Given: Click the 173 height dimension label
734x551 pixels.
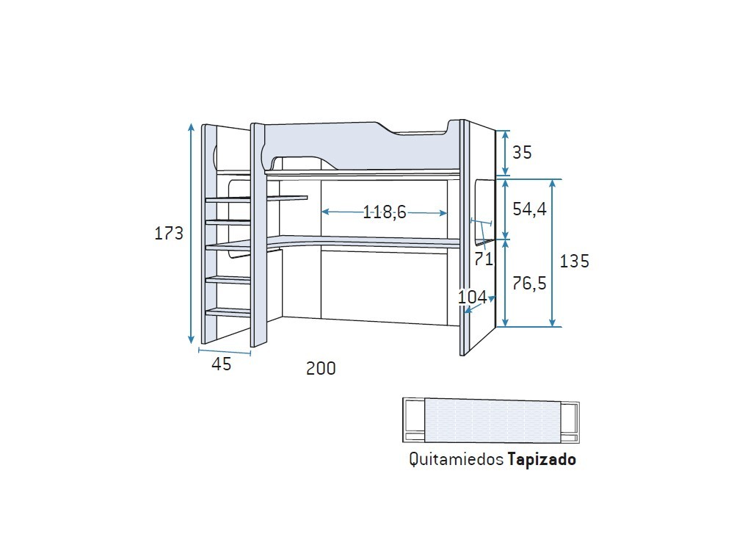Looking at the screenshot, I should click(x=169, y=234).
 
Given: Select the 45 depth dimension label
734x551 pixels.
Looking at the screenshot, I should click(x=222, y=364).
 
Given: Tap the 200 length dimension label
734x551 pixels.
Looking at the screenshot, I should click(x=321, y=369).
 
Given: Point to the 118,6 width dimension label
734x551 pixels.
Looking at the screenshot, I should click(x=384, y=212).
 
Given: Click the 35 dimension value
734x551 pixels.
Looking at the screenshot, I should click(x=522, y=153).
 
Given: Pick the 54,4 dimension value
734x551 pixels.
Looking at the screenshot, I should click(x=529, y=209).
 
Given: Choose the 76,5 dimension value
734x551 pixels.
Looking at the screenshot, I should click(x=529, y=283).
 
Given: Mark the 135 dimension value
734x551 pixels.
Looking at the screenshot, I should click(x=574, y=261).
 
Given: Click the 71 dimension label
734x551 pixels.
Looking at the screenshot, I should click(x=482, y=259).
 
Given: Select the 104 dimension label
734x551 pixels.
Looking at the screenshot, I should click(x=472, y=297).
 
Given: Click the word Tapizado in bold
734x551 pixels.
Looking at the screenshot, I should click(x=541, y=460).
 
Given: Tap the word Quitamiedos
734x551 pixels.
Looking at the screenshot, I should click(x=456, y=460).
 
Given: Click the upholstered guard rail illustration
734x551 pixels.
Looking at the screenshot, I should click(x=491, y=420).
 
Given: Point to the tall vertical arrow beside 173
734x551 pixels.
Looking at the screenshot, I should click(x=192, y=234).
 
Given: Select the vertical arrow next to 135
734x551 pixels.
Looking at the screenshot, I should click(x=553, y=253).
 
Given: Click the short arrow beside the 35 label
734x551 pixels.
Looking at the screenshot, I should click(x=505, y=154).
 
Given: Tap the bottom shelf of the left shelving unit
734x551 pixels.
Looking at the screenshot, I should click(x=229, y=311).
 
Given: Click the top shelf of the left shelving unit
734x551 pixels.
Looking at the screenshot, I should click(x=257, y=198).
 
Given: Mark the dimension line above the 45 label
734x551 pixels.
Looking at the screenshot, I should click(x=225, y=352).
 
